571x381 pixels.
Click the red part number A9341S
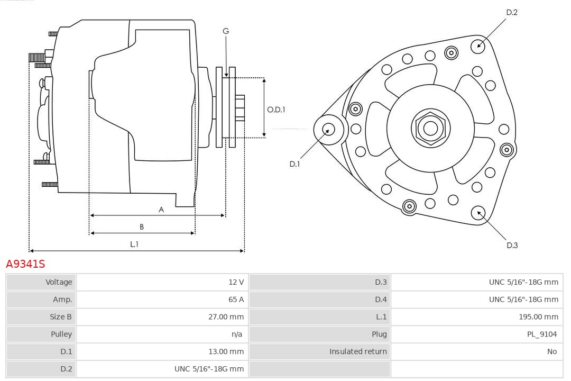pyautogui.click(x=25, y=264)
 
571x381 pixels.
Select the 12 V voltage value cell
pyautogui.click(x=236, y=282)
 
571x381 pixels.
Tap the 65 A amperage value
pyautogui.click(x=236, y=300)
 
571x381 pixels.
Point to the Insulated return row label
pyautogui.click(x=358, y=351)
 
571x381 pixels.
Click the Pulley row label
pyautogui.click(x=61, y=334)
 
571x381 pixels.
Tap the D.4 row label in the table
pyautogui.click(x=381, y=300)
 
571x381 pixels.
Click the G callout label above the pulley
pyautogui.click(x=226, y=31)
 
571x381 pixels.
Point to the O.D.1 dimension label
pyautogui.click(x=276, y=110)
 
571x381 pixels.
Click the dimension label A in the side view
pyautogui.click(x=161, y=210)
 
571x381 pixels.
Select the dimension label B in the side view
pyautogui.click(x=142, y=227)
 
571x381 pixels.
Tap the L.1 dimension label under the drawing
pyautogui.click(x=134, y=244)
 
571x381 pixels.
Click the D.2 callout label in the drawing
pyautogui.click(x=512, y=12)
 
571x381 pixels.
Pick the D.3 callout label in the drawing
pyautogui.click(x=512, y=245)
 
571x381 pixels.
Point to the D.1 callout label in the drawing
pyautogui.click(x=294, y=164)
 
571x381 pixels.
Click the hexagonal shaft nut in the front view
pyautogui.click(x=430, y=128)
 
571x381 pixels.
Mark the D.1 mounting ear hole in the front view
pyautogui.click(x=328, y=129)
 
